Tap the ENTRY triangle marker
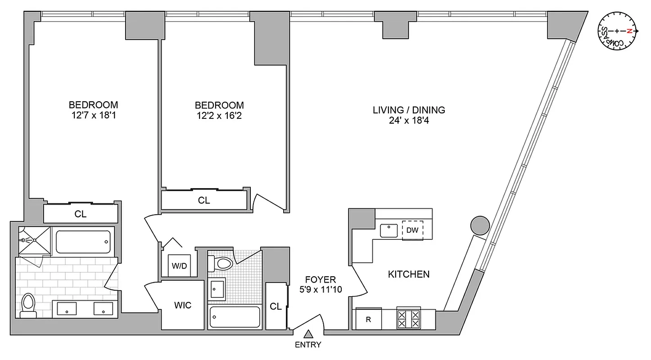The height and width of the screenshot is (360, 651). (308, 334)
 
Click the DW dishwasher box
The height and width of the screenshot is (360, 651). (412, 230)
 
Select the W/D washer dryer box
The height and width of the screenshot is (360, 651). (179, 265)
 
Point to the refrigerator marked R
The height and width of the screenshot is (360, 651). (368, 320)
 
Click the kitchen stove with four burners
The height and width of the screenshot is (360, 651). (409, 319)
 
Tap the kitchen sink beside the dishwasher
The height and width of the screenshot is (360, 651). (388, 230)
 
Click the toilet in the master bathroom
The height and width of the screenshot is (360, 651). (28, 306)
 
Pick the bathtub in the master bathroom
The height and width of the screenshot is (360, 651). (82, 242)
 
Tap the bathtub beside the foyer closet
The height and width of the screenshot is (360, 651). (235, 318)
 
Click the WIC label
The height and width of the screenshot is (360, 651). (183, 306)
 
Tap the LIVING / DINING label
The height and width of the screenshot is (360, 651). (409, 110)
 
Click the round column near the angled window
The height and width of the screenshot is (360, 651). (479, 225)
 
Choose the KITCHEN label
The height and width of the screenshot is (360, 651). (409, 274)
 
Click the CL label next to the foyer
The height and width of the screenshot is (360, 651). (276, 306)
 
